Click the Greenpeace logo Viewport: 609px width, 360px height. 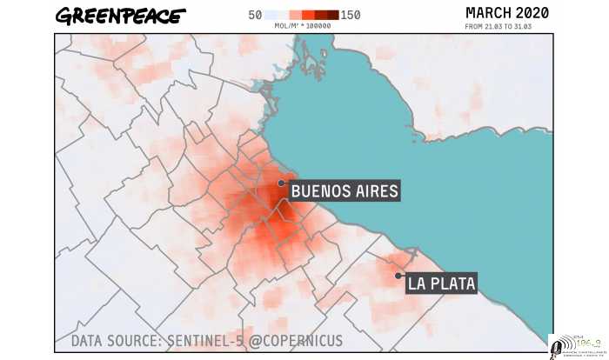[119, 16]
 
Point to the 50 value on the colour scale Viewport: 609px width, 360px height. [255, 15]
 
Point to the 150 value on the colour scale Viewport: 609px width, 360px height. [351, 15]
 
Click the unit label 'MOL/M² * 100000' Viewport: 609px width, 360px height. [302, 26]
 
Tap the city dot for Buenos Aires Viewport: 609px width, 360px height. [281, 183]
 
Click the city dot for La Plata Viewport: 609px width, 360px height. [398, 276]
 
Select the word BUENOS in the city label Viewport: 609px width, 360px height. [319, 190]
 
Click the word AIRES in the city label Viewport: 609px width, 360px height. [375, 190]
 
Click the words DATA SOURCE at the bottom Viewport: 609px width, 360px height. [114, 341]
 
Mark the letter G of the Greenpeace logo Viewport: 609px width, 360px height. [64, 16]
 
